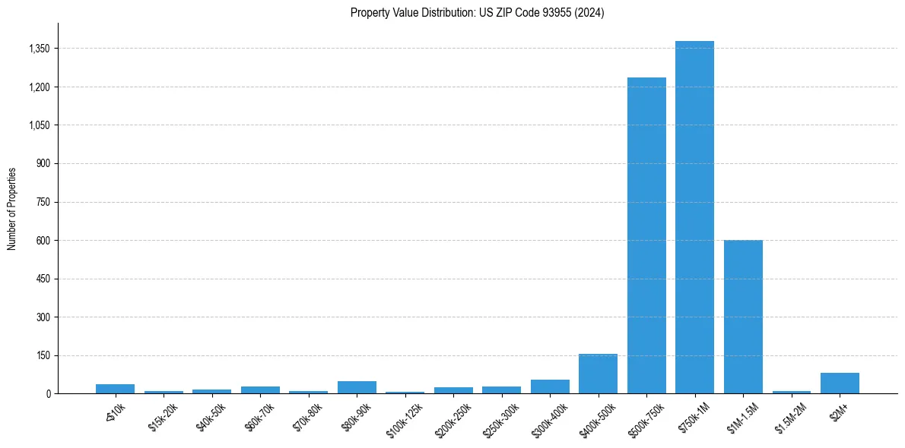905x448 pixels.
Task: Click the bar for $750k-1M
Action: (x=694, y=217)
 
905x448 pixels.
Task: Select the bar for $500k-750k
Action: (x=646, y=235)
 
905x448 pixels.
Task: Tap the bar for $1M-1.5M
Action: (x=743, y=317)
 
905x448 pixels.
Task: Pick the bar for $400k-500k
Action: (x=598, y=374)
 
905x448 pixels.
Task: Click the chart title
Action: (x=477, y=13)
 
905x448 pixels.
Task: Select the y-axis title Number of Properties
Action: (x=12, y=208)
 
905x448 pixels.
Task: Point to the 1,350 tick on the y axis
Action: (x=37, y=49)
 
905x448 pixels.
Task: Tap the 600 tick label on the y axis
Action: (x=42, y=241)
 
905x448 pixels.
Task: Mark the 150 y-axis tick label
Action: (x=42, y=355)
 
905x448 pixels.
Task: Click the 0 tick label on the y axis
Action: (x=47, y=394)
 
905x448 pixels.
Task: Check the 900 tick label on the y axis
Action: (x=42, y=164)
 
